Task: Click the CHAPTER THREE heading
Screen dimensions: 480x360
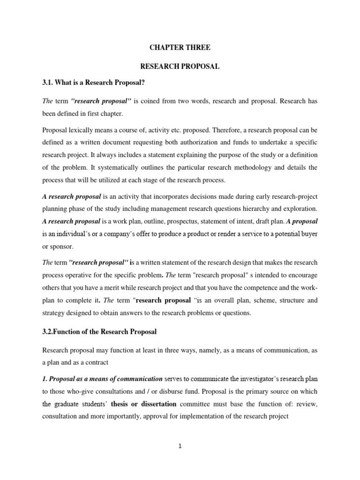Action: tap(180, 48)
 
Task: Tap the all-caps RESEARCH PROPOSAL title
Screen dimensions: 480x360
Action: tap(180, 67)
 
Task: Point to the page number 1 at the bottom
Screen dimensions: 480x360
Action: tap(180, 446)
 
